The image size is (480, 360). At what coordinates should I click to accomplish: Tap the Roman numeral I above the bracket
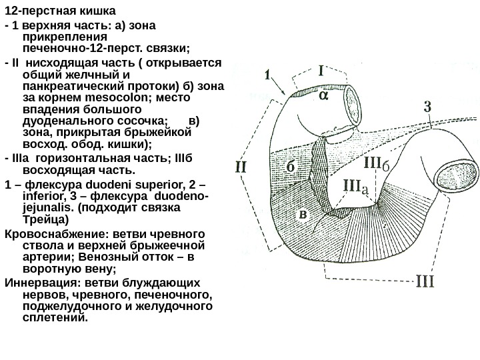tap(321, 69)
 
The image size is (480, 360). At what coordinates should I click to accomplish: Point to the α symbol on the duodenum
tap(323, 95)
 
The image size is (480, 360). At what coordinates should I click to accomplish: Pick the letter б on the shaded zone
tap(291, 166)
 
